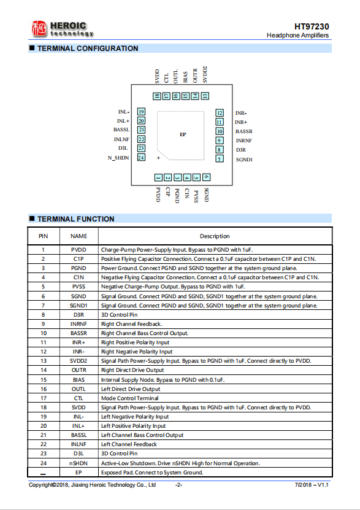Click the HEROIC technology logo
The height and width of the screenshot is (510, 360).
pyautogui.click(x=63, y=29)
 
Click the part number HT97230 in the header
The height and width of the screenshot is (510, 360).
pyautogui.click(x=312, y=26)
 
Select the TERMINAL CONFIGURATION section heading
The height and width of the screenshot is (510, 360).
pyautogui.click(x=88, y=48)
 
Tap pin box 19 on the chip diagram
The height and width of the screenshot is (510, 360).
pyautogui.click(x=141, y=112)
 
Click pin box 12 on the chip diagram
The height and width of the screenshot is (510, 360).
pyautogui.click(x=220, y=113)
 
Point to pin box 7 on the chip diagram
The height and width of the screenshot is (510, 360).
pyautogui.click(x=220, y=159)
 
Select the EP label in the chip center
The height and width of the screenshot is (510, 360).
pyautogui.click(x=183, y=134)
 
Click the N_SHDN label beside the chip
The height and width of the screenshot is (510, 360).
pyautogui.click(x=118, y=158)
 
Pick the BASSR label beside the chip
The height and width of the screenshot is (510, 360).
pyautogui.click(x=244, y=131)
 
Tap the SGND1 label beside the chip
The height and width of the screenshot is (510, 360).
pyautogui.click(x=244, y=160)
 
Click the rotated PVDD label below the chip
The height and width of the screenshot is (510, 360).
pyautogui.click(x=158, y=195)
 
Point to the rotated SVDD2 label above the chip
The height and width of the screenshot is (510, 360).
pyautogui.click(x=205, y=75)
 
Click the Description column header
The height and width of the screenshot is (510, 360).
pyautogui.click(x=215, y=236)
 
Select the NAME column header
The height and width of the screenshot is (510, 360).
pyautogui.click(x=79, y=236)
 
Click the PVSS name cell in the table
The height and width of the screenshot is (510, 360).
pyautogui.click(x=79, y=287)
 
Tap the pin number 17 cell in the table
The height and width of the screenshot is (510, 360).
pyautogui.click(x=43, y=398)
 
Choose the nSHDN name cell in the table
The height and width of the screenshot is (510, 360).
pyautogui.click(x=79, y=463)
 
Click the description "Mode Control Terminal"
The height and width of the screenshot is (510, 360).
pyautogui.click(x=129, y=398)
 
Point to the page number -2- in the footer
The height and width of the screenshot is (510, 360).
pyautogui.click(x=178, y=485)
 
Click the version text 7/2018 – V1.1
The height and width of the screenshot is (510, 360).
pyautogui.click(x=312, y=485)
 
